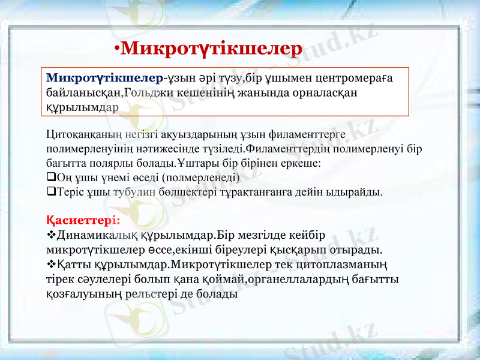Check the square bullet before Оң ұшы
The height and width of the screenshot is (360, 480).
50,178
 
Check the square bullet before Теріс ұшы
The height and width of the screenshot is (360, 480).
50,192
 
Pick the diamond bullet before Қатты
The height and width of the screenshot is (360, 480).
50,263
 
